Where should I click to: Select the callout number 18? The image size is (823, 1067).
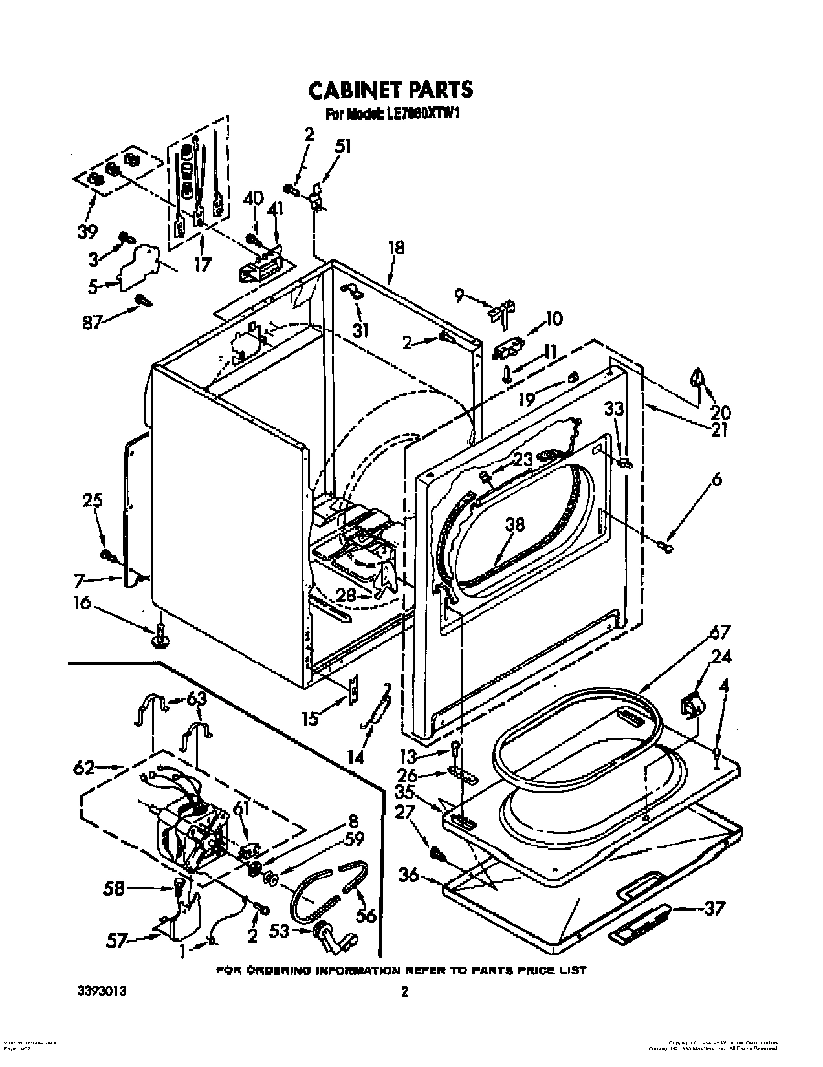[x=396, y=248]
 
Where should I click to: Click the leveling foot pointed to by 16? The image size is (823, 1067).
[x=160, y=638]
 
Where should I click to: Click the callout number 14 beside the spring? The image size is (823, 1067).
[x=357, y=756]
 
